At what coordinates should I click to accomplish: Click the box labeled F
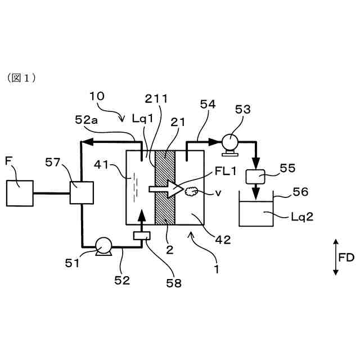pos(20,193)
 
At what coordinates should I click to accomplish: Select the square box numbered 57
pos(80,193)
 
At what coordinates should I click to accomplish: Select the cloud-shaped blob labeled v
pos(190,192)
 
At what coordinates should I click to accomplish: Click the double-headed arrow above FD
pos(336,256)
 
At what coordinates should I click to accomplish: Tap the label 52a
pos(88,120)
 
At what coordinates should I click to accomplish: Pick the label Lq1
pos(142,119)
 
